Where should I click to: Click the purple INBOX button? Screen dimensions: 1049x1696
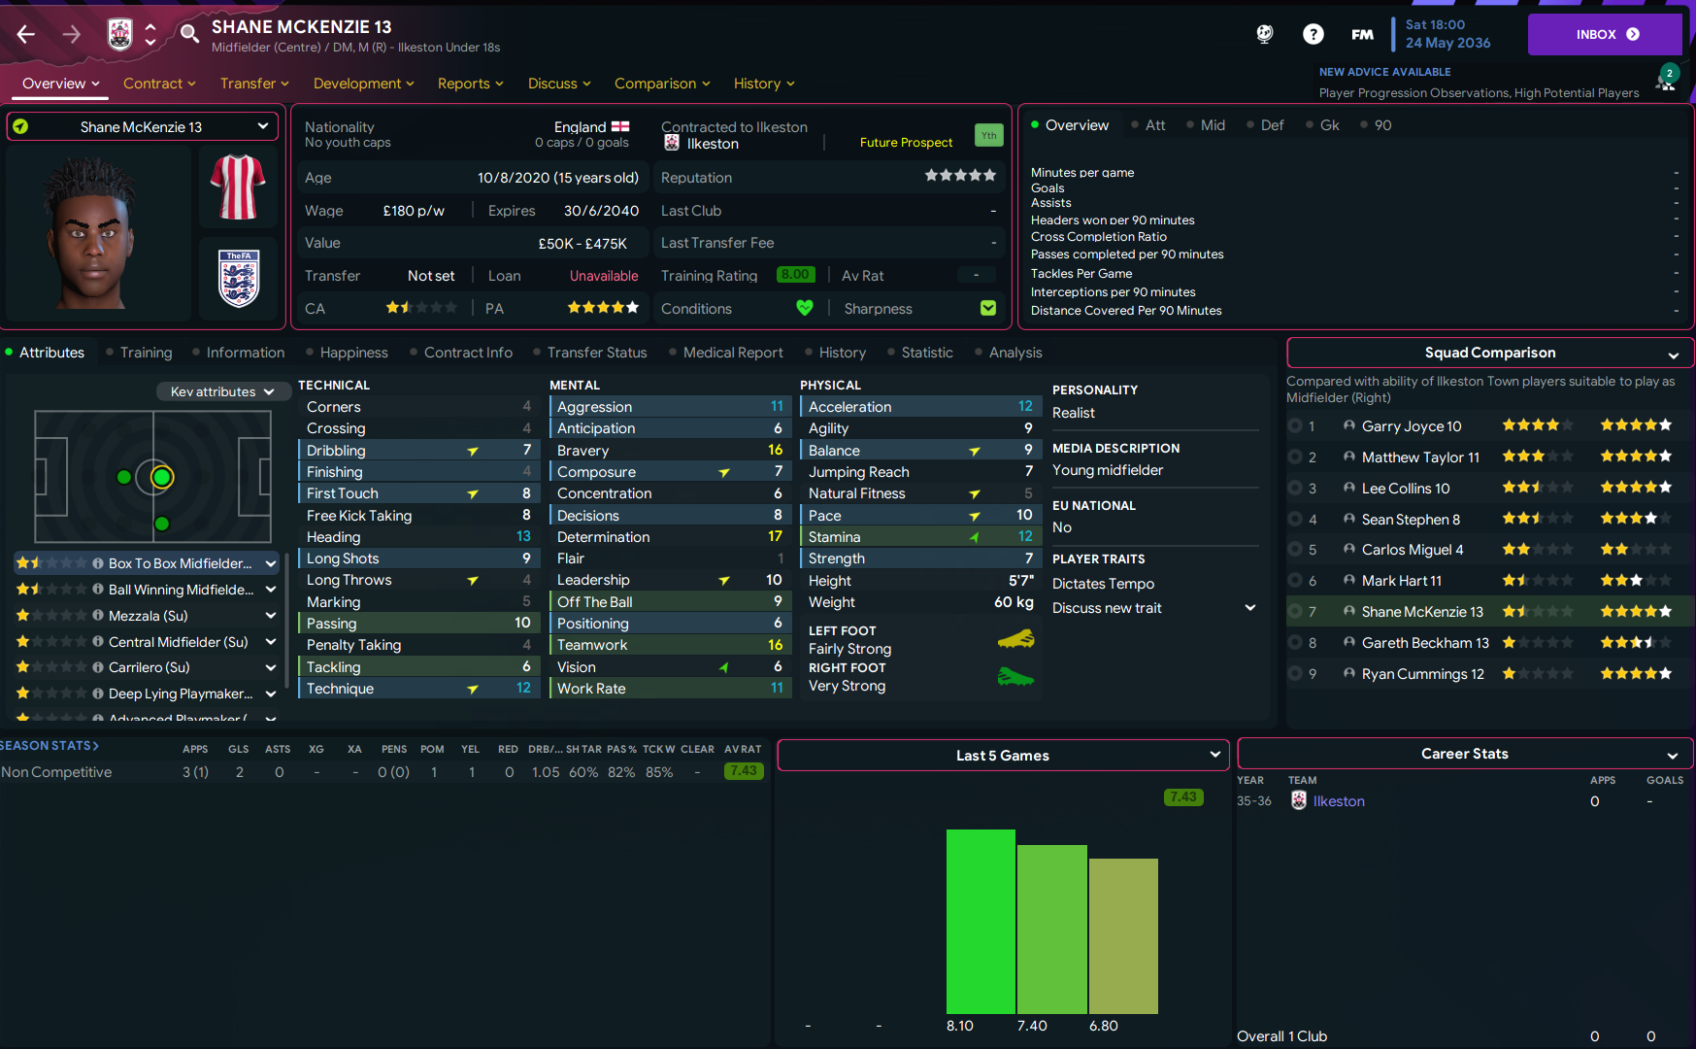1604,34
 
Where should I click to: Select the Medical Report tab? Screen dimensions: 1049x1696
732,353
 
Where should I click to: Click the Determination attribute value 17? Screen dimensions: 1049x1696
775,537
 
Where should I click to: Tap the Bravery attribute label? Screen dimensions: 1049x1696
582,451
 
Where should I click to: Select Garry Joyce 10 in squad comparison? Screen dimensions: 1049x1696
1411,426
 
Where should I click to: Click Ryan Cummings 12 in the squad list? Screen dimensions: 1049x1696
1422,674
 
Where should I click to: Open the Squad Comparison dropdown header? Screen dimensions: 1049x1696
1490,353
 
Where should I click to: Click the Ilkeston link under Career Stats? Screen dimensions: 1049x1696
1338,801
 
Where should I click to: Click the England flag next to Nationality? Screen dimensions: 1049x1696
620,127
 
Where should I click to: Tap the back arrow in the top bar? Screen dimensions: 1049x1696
26,35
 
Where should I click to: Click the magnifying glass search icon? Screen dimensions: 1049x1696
189,35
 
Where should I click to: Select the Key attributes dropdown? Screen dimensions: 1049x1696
221,391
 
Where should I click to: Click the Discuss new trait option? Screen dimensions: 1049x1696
1107,608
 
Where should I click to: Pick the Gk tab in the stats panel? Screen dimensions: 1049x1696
1329,125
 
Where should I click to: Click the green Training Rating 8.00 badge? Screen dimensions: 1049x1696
795,275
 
